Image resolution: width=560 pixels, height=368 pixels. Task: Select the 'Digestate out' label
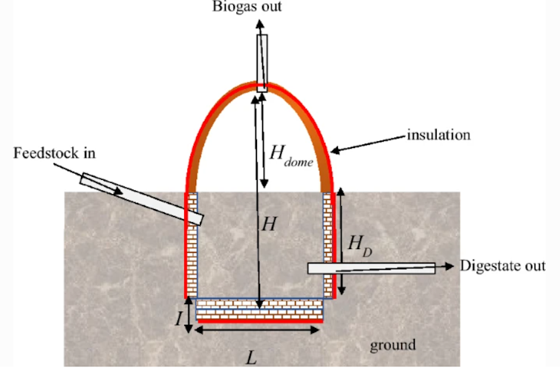504,265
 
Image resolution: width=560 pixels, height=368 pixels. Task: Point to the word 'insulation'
439,135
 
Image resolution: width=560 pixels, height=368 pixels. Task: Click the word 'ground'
392,344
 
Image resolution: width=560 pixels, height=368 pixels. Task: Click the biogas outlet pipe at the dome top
263,63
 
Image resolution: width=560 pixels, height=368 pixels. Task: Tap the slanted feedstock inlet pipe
141,198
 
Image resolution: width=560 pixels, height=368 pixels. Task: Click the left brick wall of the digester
192,245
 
